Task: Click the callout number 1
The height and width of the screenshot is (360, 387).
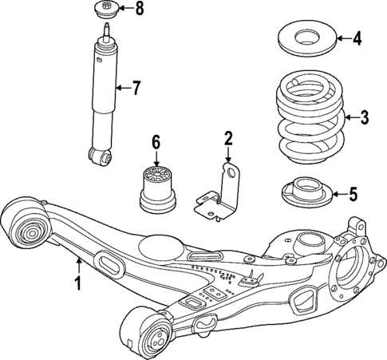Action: tap(78, 282)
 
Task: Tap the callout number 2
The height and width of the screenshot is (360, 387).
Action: tap(228, 140)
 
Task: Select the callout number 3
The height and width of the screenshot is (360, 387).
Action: tap(364, 118)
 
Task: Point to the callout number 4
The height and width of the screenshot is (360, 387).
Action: tap(357, 37)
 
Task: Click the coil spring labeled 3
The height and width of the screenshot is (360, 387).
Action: tap(307, 116)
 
